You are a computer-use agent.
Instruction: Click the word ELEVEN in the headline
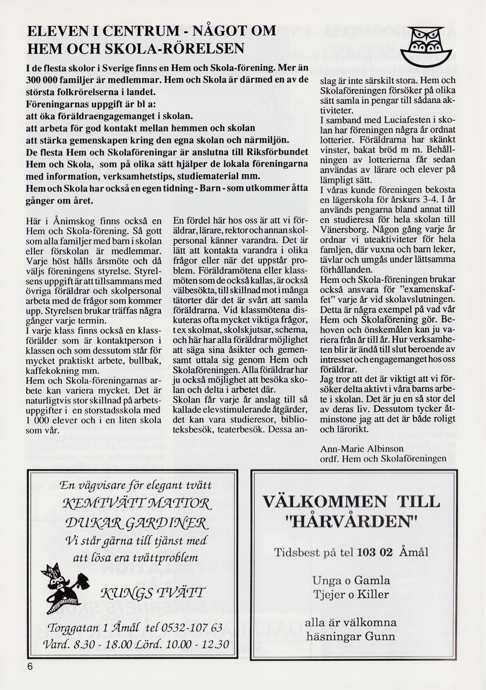(54, 32)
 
